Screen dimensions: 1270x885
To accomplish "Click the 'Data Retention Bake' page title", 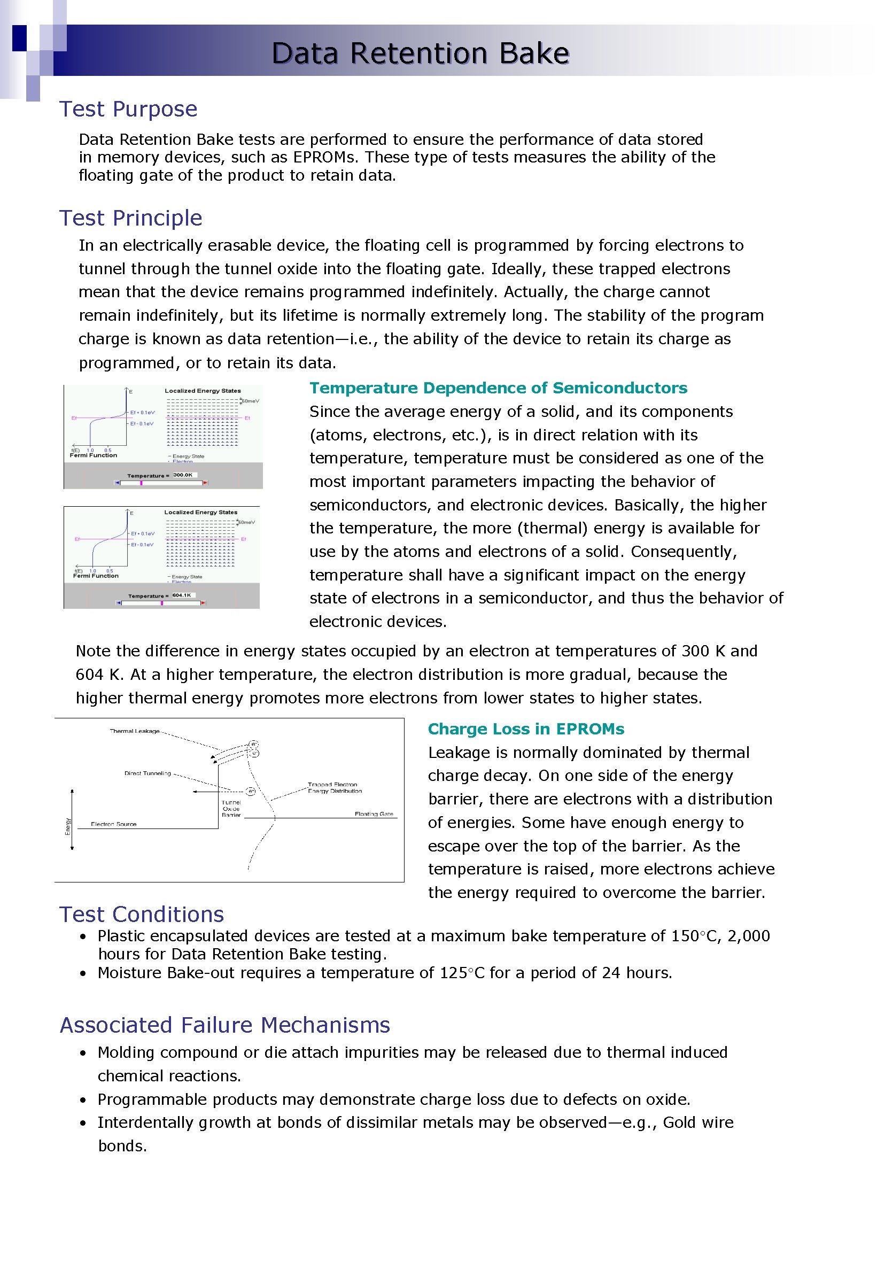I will pos(420,53).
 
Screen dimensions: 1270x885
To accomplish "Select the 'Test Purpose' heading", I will pos(128,109).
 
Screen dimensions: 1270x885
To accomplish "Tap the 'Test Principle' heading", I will pos(130,218).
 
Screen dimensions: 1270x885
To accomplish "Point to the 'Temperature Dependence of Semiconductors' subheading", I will pos(498,388).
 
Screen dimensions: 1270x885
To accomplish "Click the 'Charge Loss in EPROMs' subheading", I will pos(525,729).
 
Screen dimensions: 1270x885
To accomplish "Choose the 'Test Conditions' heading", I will pos(141,915).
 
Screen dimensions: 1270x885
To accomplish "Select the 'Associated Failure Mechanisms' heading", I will pos(224,1025).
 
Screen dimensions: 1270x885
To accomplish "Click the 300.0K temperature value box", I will pos(183,475).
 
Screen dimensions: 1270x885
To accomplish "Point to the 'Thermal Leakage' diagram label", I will pos(135,731).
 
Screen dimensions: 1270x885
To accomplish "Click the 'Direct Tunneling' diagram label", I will pos(147,773).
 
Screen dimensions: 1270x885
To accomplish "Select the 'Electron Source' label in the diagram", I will pos(113,824).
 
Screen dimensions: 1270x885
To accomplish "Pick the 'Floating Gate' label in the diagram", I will pos(374,814).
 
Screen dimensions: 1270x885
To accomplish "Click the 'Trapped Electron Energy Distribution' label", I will pos(334,788).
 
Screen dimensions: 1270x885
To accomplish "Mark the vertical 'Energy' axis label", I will pos(68,826).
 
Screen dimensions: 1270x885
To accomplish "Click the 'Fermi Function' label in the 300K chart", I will pos(94,455).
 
